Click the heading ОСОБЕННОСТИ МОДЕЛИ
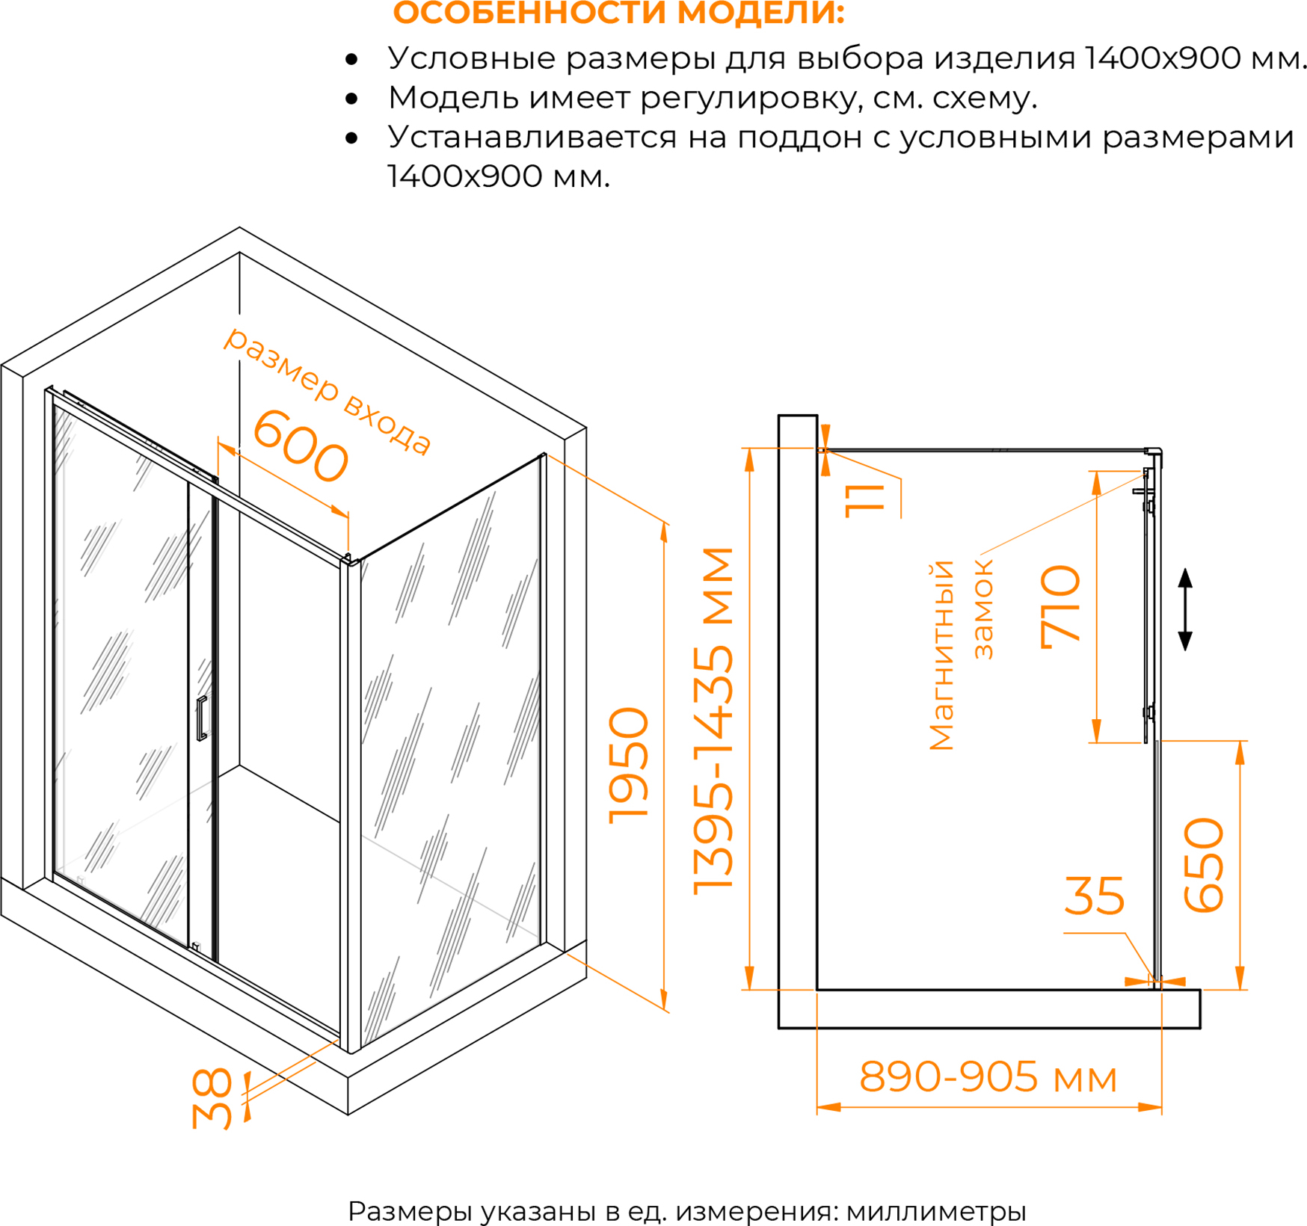618,13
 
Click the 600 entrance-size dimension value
301,446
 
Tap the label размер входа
328,390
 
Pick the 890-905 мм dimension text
988,1077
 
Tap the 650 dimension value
1204,865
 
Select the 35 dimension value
1094,896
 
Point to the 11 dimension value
865,500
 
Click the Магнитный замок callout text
961,655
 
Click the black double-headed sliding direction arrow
1185,609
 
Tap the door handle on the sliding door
201,718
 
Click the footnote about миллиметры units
686,1210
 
